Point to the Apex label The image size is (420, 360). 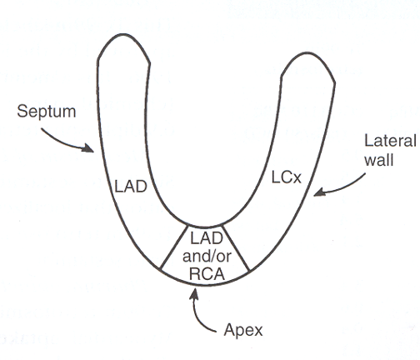pyautogui.click(x=242, y=329)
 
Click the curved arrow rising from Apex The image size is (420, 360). pyautogui.click(x=202, y=312)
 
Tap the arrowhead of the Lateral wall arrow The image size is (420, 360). pyautogui.click(x=317, y=195)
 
